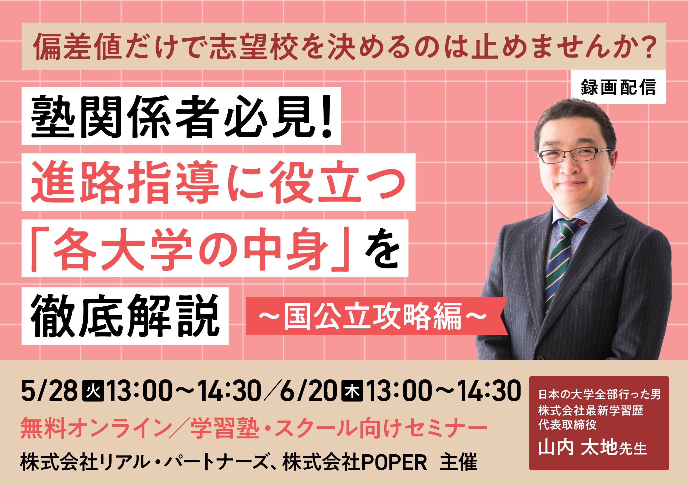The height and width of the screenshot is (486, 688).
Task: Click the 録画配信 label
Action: [x=618, y=87]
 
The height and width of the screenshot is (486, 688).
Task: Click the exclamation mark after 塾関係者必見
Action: [x=327, y=117]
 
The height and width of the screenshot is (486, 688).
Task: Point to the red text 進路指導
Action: [x=125, y=182]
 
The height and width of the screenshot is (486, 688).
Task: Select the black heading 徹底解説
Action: [x=125, y=315]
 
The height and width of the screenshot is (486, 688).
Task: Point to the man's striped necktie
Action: [x=560, y=263]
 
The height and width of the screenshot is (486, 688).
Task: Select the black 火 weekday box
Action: [x=93, y=390]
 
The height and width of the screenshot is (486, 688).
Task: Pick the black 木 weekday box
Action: [x=352, y=390]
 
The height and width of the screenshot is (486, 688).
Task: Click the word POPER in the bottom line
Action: [x=394, y=462]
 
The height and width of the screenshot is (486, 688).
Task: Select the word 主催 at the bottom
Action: [x=458, y=462]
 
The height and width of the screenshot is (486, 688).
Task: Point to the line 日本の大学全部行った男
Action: [x=599, y=394]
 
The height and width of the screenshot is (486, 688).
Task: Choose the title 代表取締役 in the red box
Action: [x=567, y=425]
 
